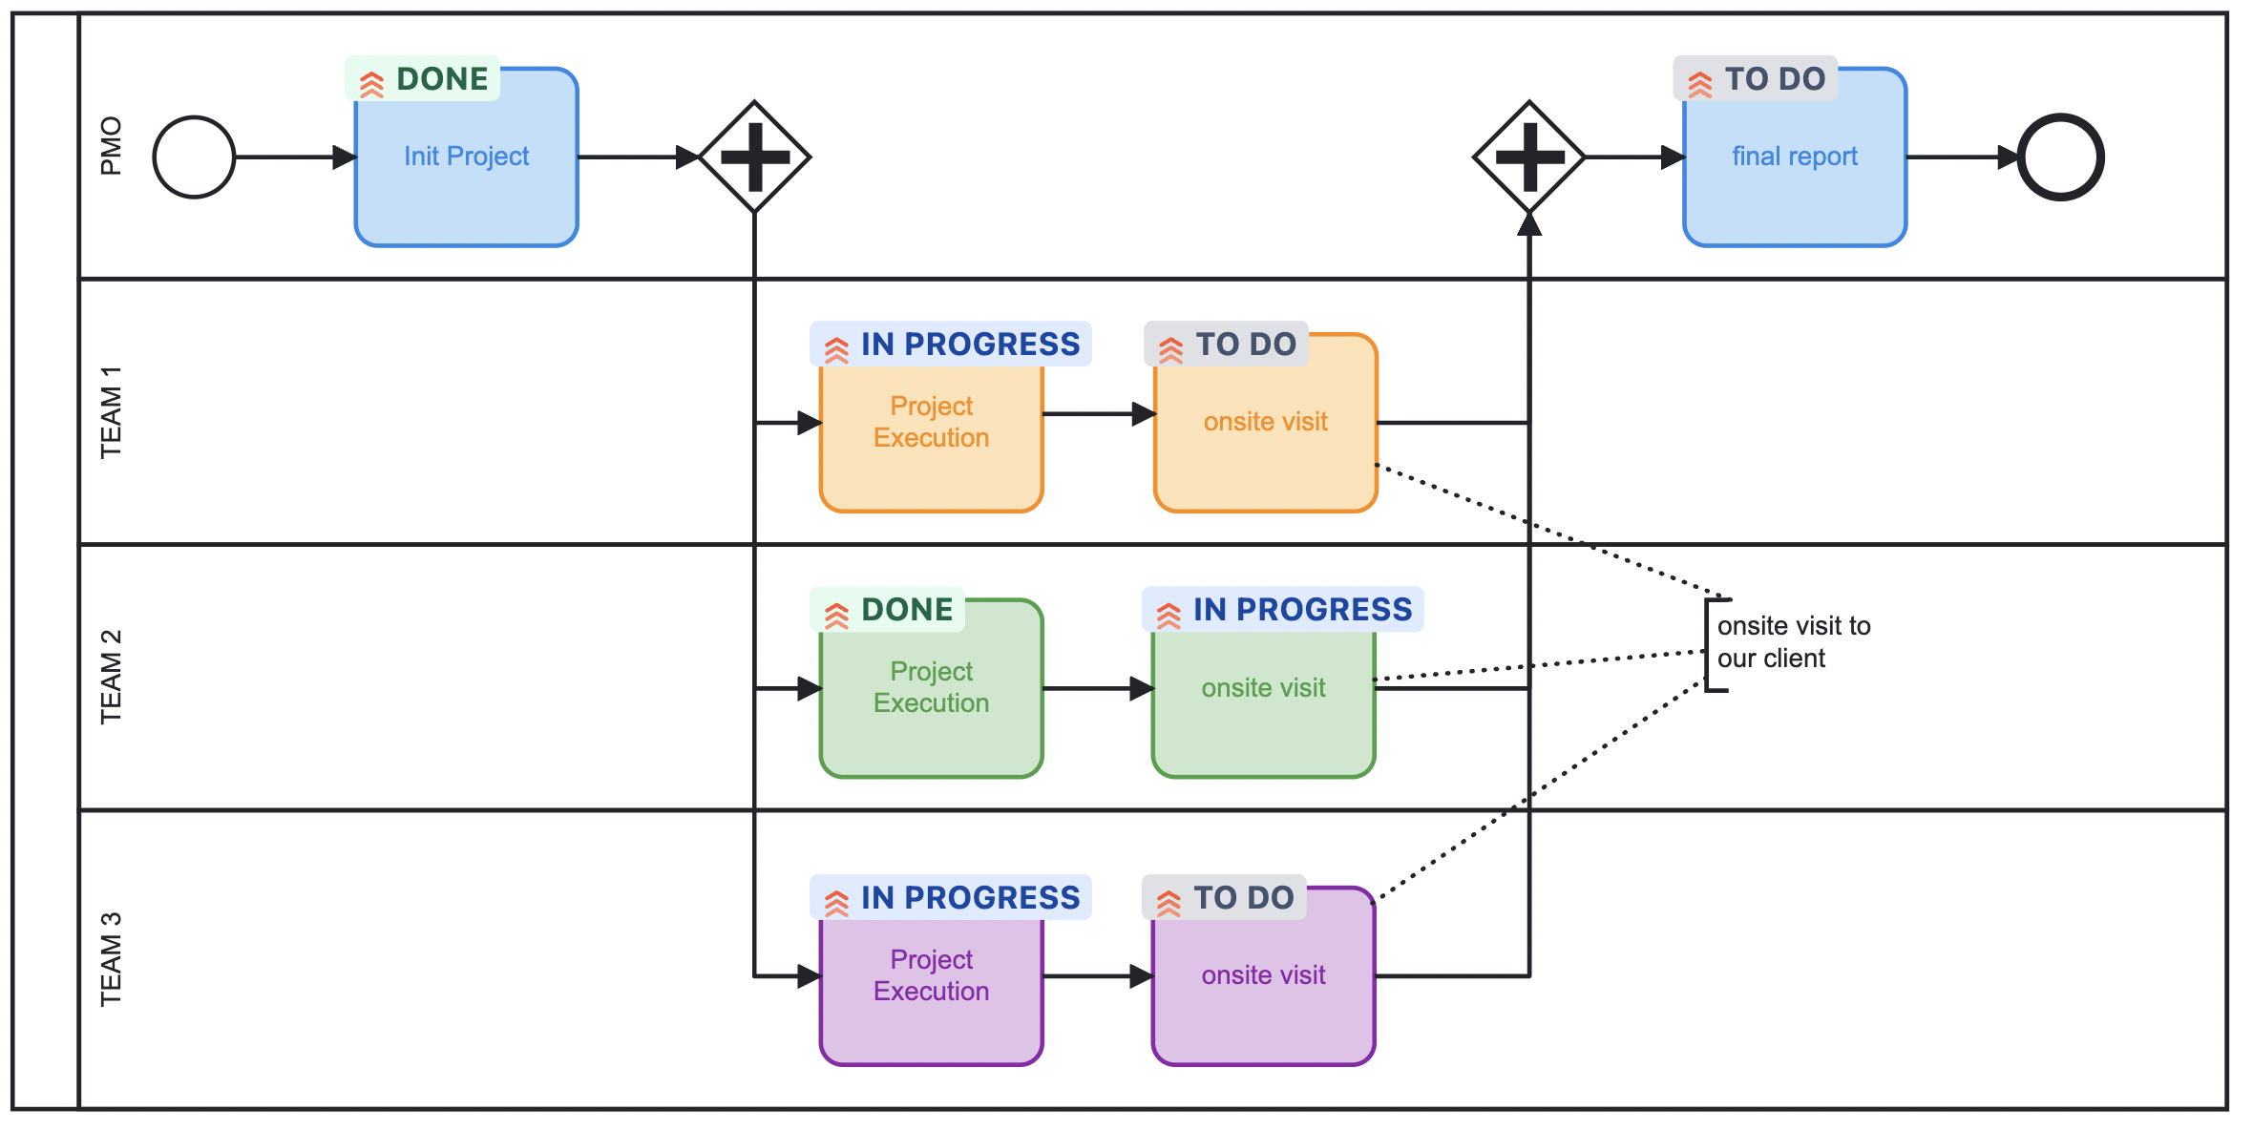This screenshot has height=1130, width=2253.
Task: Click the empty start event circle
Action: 194,157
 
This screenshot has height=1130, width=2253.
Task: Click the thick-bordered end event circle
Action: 2060,157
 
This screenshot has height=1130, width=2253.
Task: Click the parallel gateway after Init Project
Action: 754,157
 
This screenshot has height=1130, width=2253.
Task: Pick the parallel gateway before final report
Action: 1529,157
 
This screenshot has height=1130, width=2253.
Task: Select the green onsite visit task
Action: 1263,706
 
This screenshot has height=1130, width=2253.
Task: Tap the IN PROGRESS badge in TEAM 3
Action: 951,898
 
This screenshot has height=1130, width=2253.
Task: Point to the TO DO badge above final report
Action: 1756,79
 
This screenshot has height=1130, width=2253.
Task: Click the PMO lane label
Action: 111,146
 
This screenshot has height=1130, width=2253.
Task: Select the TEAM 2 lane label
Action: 111,677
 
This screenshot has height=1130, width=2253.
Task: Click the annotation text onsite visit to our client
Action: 1793,642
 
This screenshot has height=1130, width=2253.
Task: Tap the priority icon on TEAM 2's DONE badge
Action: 836,616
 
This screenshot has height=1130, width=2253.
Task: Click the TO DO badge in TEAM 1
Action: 1227,345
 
